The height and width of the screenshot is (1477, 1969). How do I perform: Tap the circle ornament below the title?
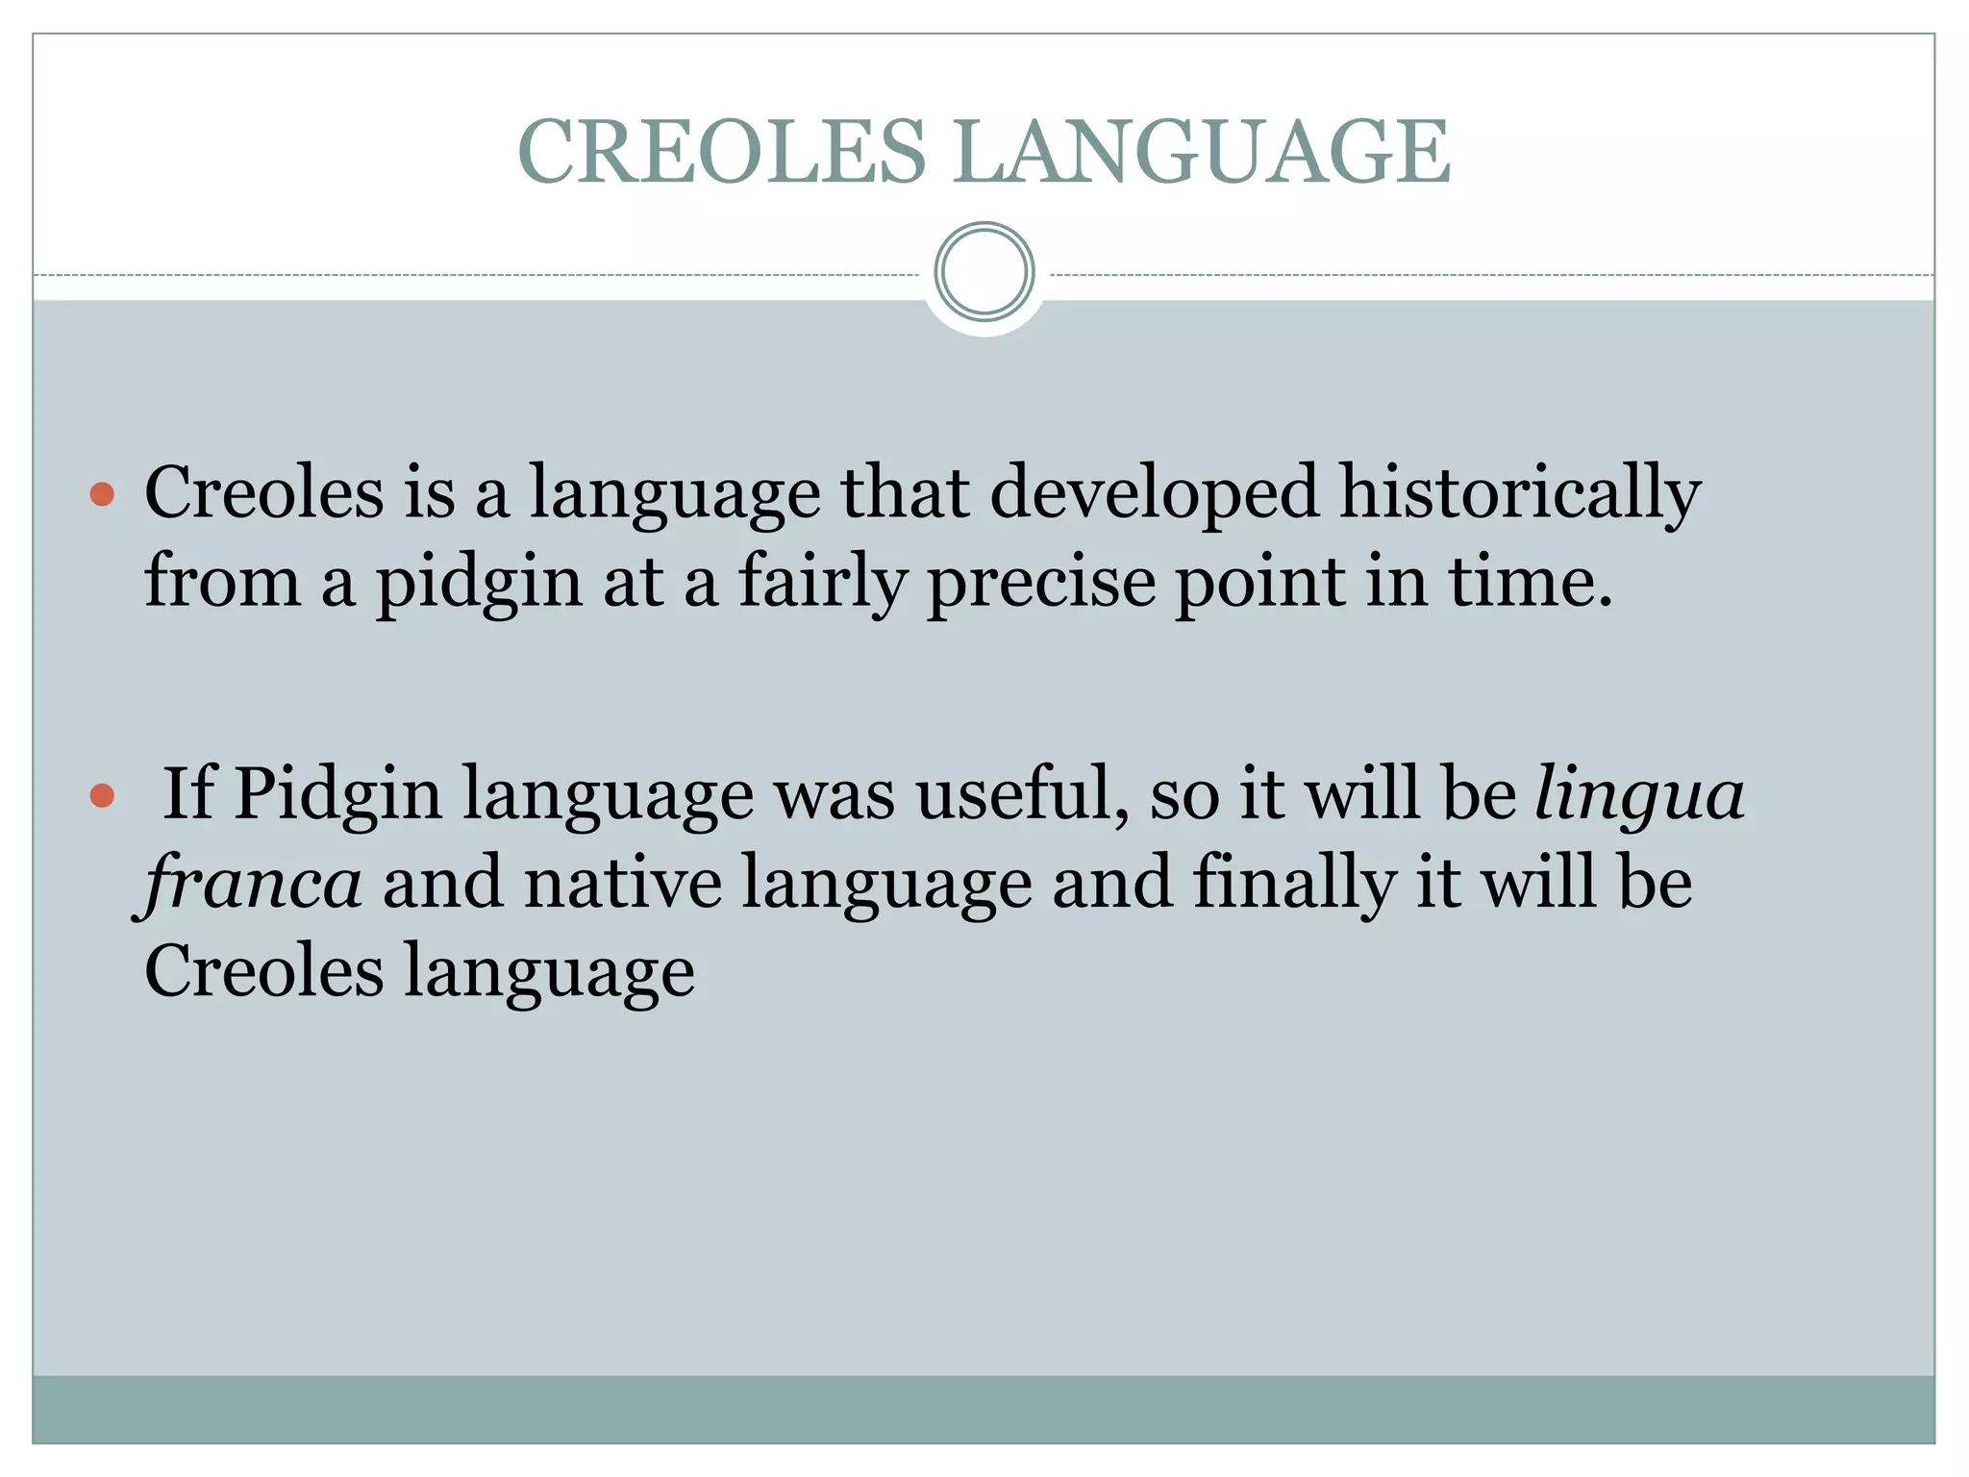984,272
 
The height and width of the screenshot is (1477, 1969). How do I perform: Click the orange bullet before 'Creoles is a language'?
102,495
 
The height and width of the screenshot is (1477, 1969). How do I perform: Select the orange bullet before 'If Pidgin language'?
102,796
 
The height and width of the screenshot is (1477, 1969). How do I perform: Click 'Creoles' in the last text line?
263,971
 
